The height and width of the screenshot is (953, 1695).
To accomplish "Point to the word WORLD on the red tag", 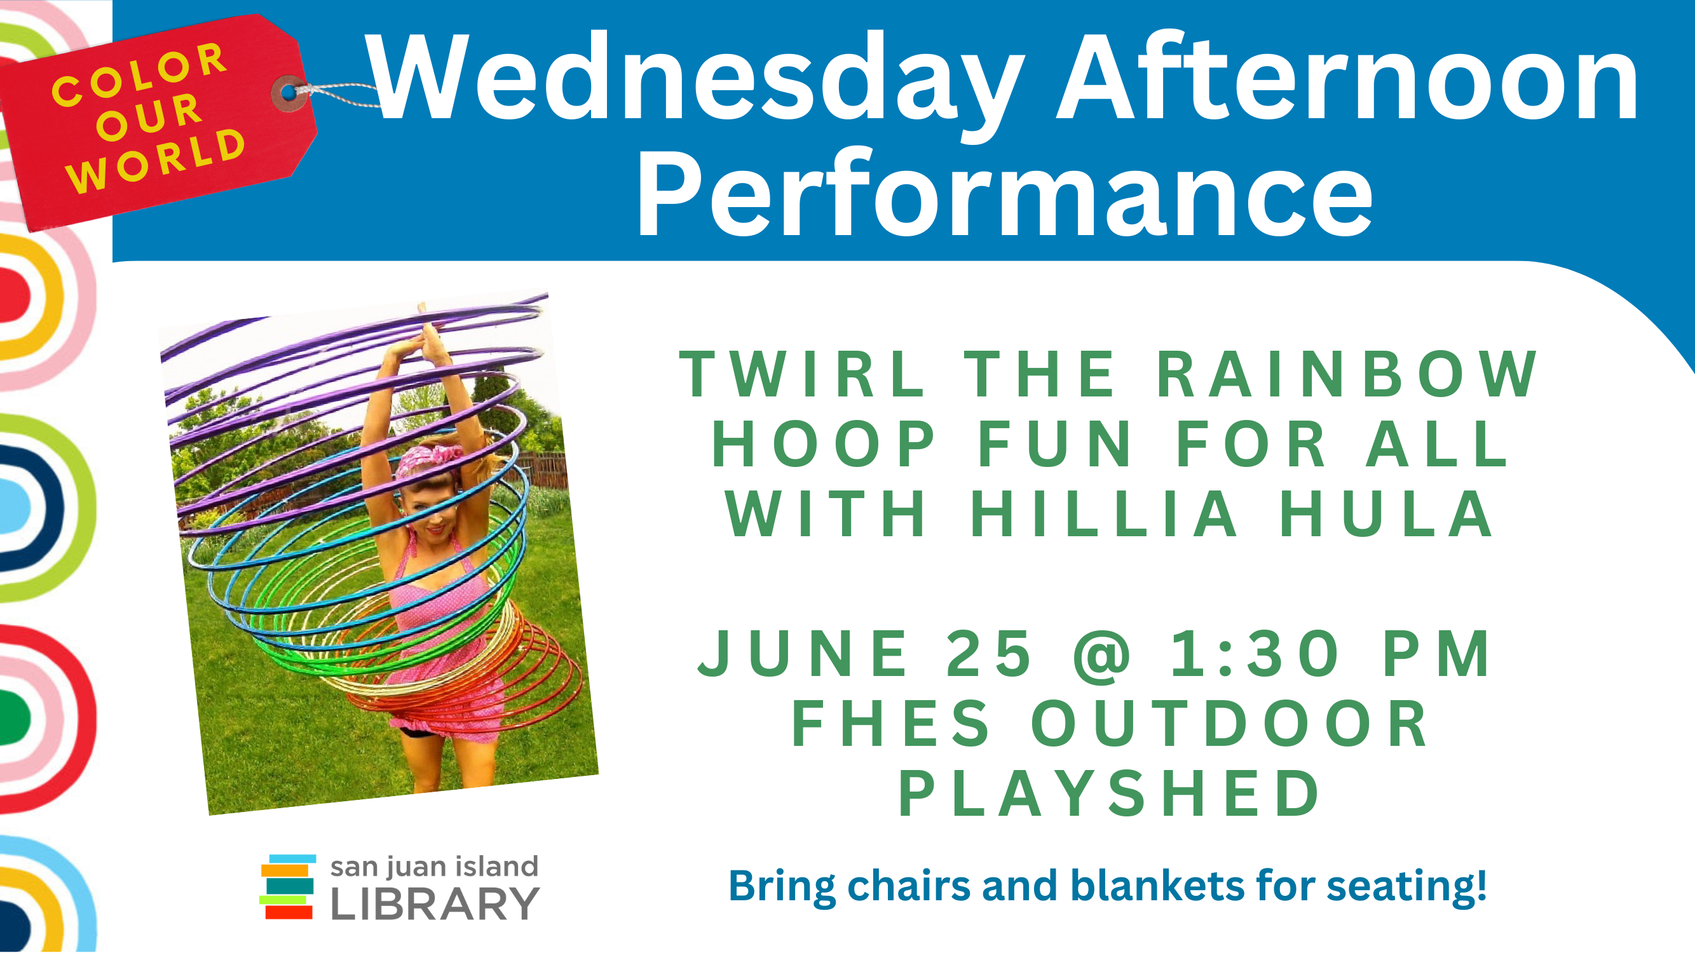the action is point(156,161).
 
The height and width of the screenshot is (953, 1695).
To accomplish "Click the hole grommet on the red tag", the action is point(289,93).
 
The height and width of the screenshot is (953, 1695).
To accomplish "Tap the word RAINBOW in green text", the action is point(1346,374).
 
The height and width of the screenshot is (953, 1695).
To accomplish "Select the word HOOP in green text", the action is point(823,444).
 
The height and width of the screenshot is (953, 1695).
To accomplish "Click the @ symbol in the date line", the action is point(1102,656).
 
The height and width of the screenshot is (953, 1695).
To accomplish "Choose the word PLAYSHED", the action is point(1110,793).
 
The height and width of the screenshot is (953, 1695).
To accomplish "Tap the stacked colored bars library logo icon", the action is point(287,886).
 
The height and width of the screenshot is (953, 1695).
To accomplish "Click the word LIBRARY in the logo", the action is point(435,903).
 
